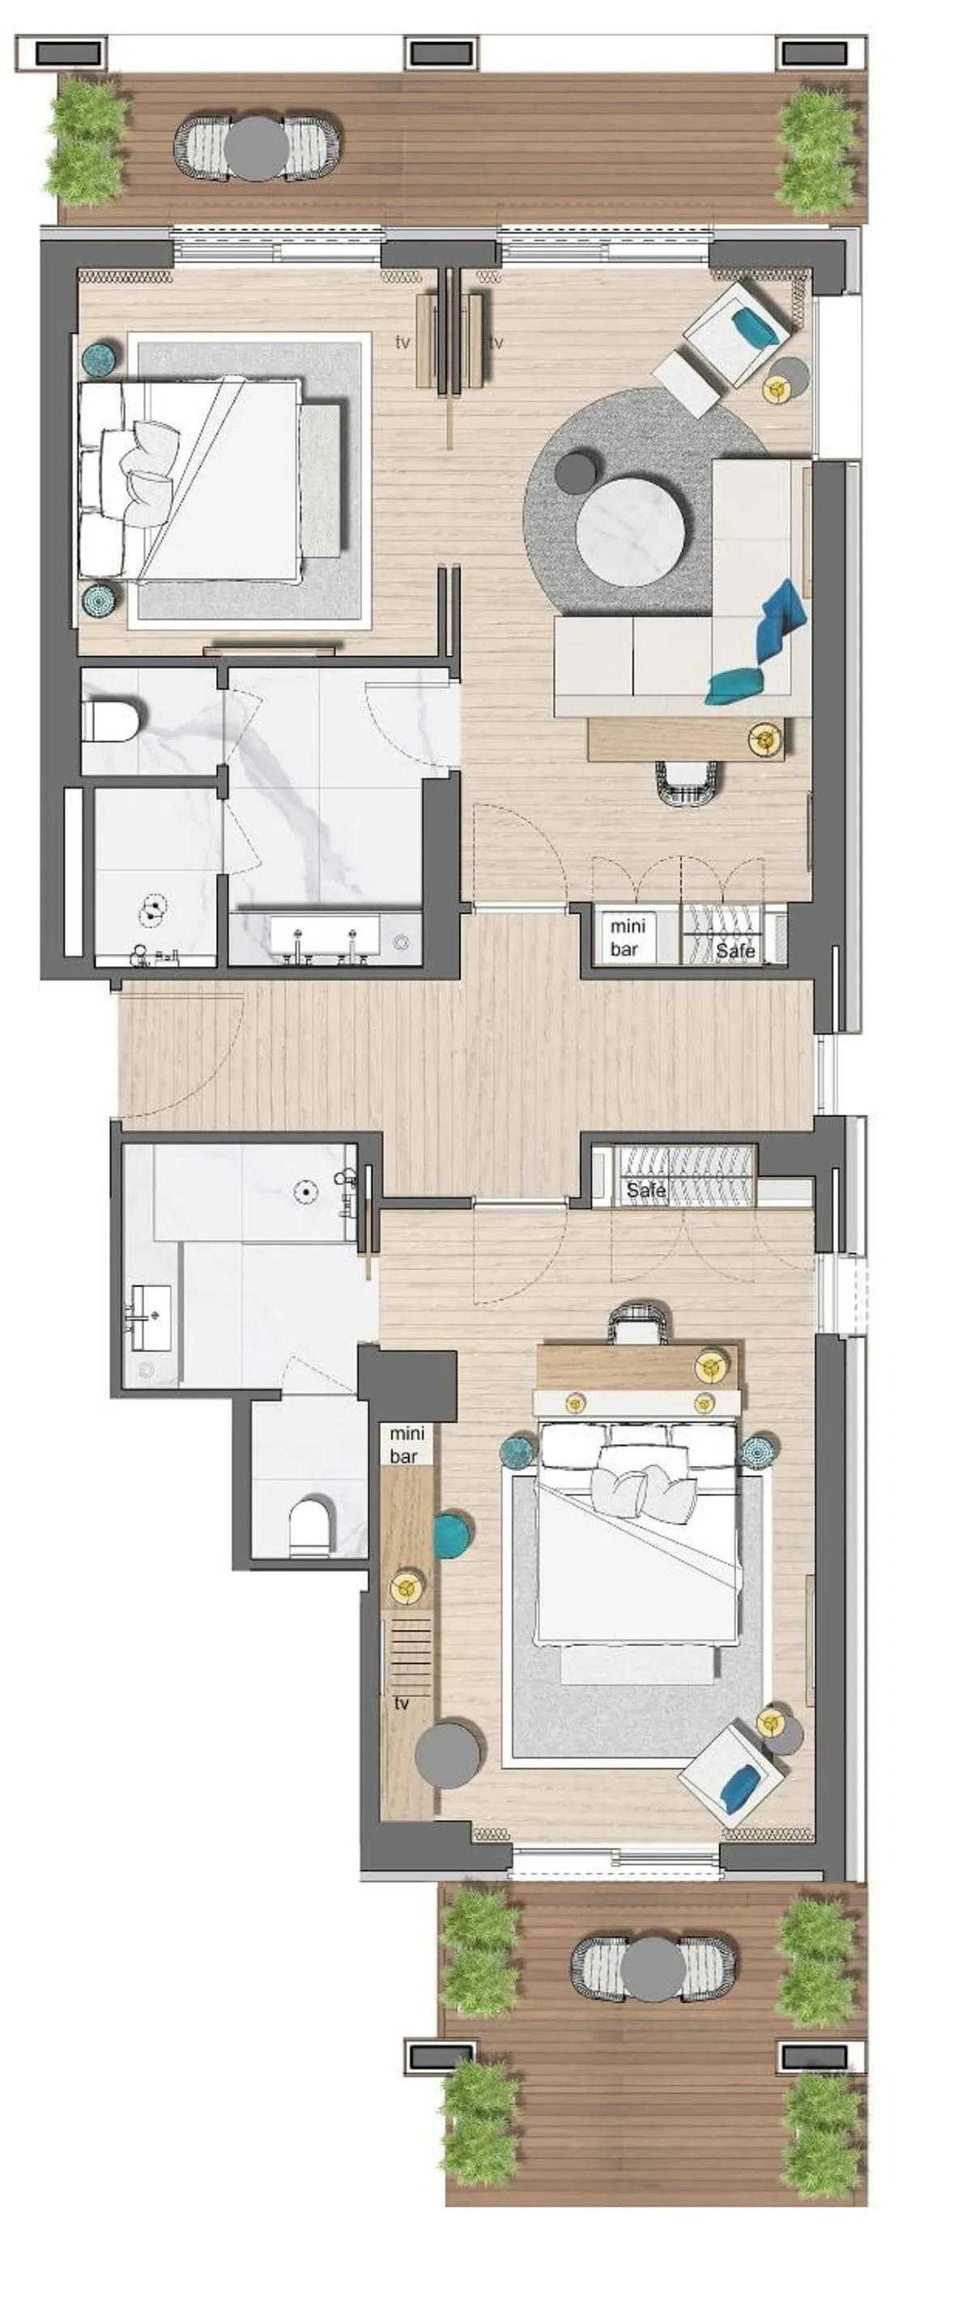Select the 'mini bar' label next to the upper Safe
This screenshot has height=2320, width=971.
(627, 936)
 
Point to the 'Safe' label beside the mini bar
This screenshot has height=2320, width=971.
(735, 949)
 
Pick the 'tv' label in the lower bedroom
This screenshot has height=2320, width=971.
(402, 1703)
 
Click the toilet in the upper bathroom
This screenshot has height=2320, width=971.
(112, 722)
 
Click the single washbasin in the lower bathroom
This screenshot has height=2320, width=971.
(150, 1316)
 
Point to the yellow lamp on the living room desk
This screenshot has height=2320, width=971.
(765, 740)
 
